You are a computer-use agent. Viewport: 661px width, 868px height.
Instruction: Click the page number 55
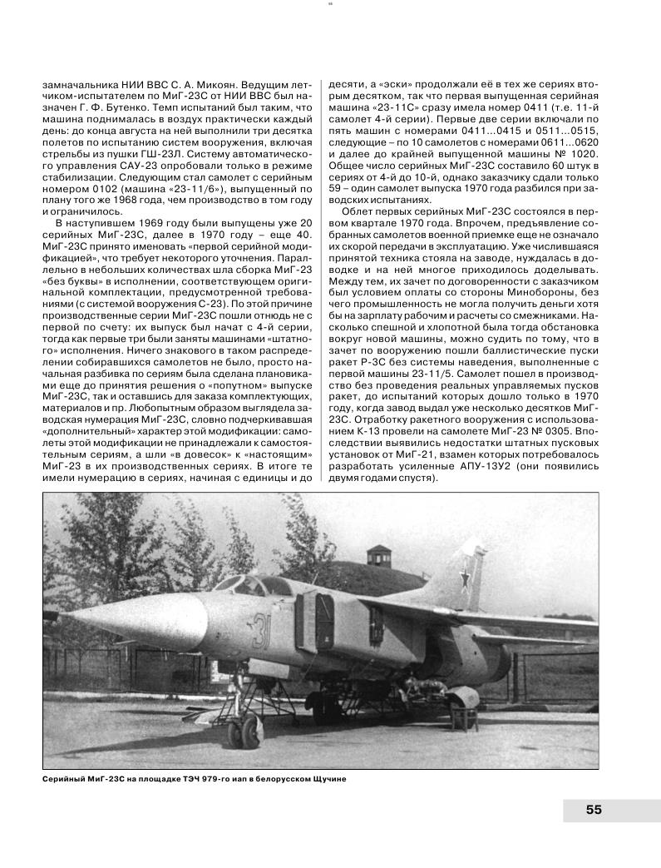594,810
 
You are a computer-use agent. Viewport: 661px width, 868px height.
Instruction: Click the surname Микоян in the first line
213,83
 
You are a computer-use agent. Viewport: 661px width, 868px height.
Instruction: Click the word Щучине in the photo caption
320,779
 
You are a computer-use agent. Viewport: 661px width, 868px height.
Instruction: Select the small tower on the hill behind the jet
378,554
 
